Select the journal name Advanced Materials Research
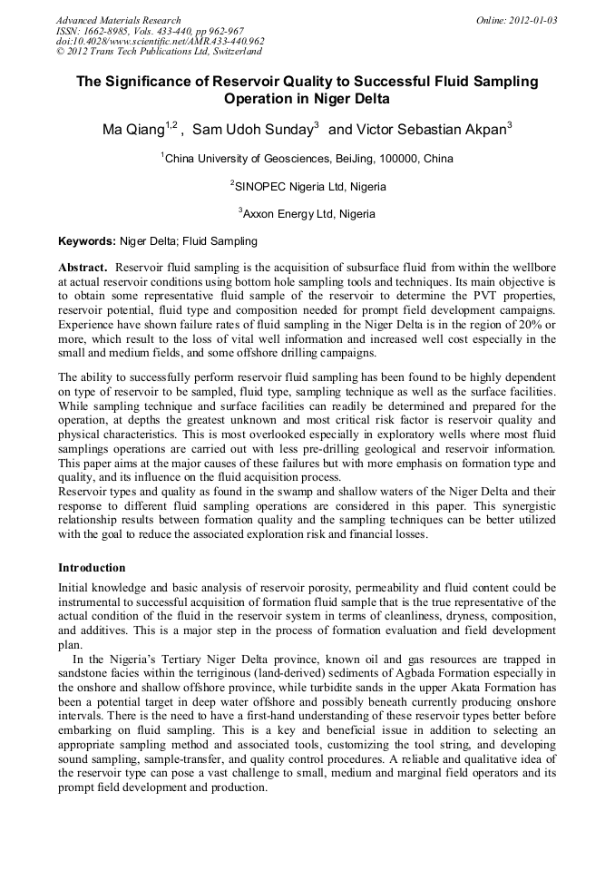point(118,20)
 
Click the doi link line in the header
point(160,41)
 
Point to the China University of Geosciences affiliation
point(307,159)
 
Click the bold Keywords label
point(86,241)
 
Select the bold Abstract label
point(83,269)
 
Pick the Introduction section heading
point(92,568)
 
